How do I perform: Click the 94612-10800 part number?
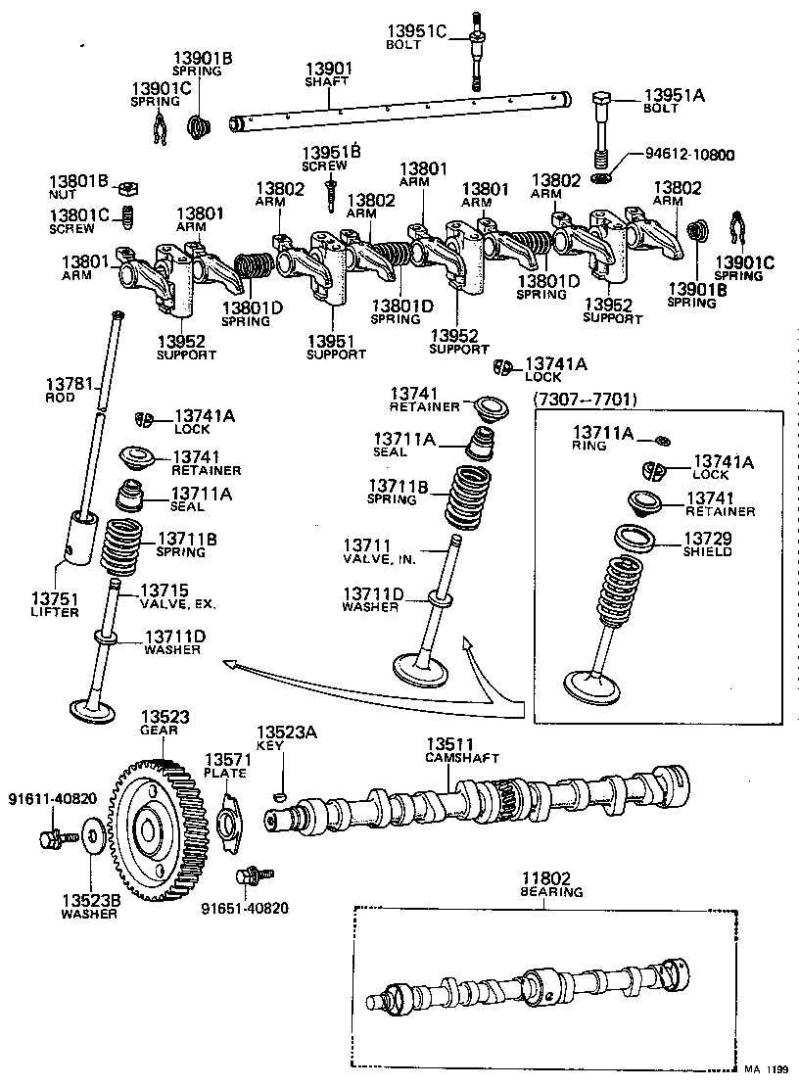689,155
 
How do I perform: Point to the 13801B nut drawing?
125,187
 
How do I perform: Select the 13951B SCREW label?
331,159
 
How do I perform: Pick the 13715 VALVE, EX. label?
176,596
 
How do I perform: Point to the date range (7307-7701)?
585,399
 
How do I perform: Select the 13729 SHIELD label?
707,544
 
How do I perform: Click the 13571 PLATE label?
224,765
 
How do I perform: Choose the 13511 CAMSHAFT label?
461,750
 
